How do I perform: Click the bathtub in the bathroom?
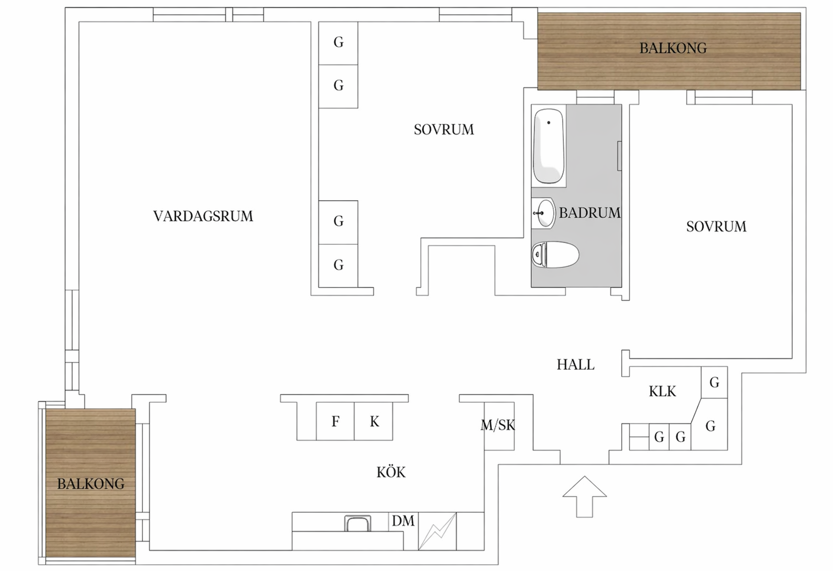pos(549,146)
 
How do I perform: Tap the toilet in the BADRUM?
pos(556,255)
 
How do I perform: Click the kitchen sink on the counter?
pos(357,523)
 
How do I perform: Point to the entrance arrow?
pos(584,496)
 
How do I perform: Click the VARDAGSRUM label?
pos(203,216)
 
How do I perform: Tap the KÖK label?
pos(391,472)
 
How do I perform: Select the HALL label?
pos(575,365)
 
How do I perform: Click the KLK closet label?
pos(662,392)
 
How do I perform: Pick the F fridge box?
pos(335,421)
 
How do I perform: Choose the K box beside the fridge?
pos(374,421)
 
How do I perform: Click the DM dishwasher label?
pos(403,521)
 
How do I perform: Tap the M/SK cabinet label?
pos(498,425)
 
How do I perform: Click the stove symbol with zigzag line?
pos(437,531)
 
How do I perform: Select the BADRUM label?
pos(589,213)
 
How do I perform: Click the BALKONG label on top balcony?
pos(673,48)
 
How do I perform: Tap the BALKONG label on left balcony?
pos(91,484)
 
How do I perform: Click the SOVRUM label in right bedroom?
pos(716,227)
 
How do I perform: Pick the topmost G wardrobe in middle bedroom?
pos(338,42)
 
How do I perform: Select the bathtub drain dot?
pos(548,123)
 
